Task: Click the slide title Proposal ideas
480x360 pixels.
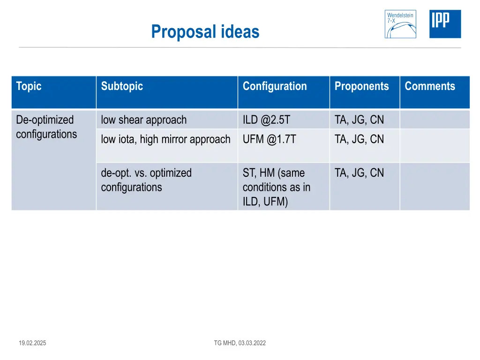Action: pos(205,32)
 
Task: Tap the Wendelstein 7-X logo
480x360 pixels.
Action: pos(400,24)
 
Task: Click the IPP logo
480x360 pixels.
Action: pos(445,24)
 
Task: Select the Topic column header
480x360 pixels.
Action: pos(29,86)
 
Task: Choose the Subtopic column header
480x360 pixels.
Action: pos(122,86)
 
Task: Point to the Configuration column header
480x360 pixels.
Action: pos(275,86)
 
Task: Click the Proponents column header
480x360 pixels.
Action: pos(361,86)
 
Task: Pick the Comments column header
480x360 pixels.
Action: pos(430,86)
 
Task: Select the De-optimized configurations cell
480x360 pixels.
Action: pos(46,127)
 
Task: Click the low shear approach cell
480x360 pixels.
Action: pos(144,120)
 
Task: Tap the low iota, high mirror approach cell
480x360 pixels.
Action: pos(166,139)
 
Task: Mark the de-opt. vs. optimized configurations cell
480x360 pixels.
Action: pos(146,180)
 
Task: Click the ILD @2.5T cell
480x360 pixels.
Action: pos(266,120)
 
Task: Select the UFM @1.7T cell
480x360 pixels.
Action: pos(269,139)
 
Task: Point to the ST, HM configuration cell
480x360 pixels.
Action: pos(276,187)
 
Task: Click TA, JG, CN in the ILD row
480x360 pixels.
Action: pos(359,120)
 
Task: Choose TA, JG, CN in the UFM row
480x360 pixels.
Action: pos(359,139)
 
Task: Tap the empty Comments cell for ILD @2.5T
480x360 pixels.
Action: pos(435,120)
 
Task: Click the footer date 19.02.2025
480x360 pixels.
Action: pos(32,343)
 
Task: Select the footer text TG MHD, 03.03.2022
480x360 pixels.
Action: pos(240,343)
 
